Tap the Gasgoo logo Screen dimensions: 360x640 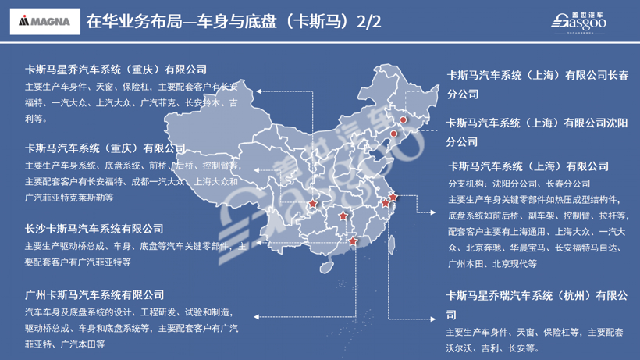coord(578,23)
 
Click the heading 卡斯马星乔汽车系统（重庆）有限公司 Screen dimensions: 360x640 coord(116,70)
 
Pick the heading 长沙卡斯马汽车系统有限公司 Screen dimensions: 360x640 coord(94,229)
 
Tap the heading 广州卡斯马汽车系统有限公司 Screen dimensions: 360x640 coord(94,295)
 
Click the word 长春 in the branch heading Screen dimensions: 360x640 coord(617,76)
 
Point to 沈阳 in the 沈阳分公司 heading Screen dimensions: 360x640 coord(615,123)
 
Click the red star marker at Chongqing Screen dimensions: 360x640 coord(313,204)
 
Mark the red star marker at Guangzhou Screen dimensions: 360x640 coord(353,241)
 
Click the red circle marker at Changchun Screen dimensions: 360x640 coord(404,120)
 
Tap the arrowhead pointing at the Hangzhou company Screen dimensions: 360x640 coord(433,319)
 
